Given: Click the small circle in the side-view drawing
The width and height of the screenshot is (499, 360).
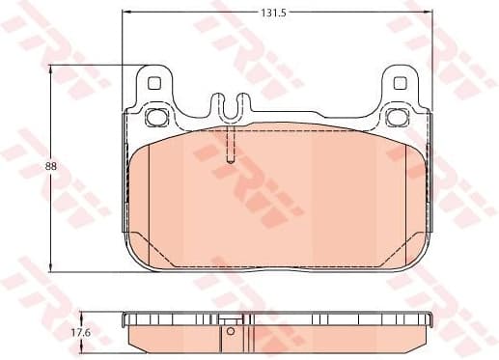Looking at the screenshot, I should click(x=231, y=333).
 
